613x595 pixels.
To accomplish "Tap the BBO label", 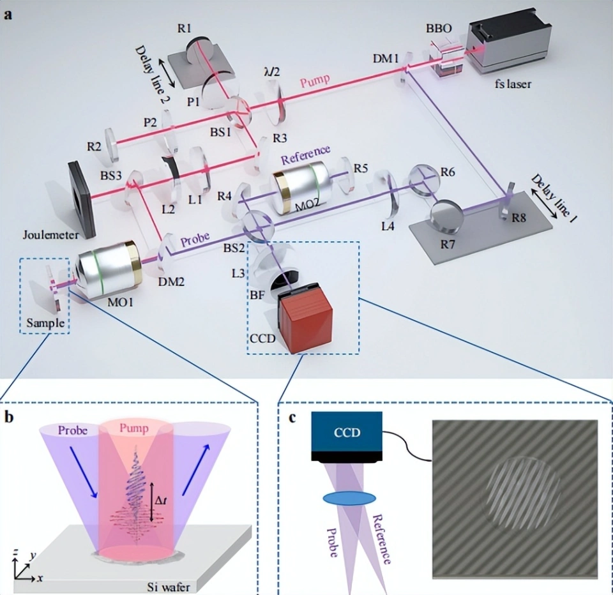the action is click(438, 29).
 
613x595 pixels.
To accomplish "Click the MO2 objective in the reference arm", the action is click(301, 188).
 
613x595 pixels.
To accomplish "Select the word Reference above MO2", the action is click(305, 155).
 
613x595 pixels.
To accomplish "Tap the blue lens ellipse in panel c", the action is click(349, 498).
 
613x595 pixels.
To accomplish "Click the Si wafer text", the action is click(169, 587).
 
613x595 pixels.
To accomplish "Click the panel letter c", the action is click(292, 418).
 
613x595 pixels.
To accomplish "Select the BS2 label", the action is click(234, 248).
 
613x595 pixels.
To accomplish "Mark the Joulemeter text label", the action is click(51, 235).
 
